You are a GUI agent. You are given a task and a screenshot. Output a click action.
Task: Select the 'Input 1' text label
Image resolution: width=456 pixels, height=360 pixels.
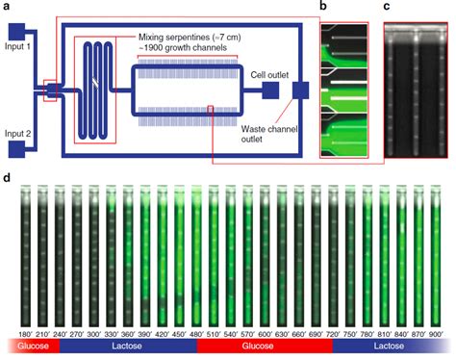click(x=18, y=46)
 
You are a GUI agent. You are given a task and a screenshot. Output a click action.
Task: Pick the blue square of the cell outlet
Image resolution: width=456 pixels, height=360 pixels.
click(x=270, y=90)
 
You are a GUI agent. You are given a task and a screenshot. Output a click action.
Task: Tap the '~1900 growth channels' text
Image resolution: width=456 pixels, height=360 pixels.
click(x=187, y=45)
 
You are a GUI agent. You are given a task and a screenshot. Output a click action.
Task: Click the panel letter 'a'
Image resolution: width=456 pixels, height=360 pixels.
click(x=7, y=7)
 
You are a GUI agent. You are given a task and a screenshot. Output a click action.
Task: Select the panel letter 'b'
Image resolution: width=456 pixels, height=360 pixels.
click(x=323, y=7)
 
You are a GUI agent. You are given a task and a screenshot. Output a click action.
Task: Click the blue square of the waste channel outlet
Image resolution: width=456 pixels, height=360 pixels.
click(x=301, y=90)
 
